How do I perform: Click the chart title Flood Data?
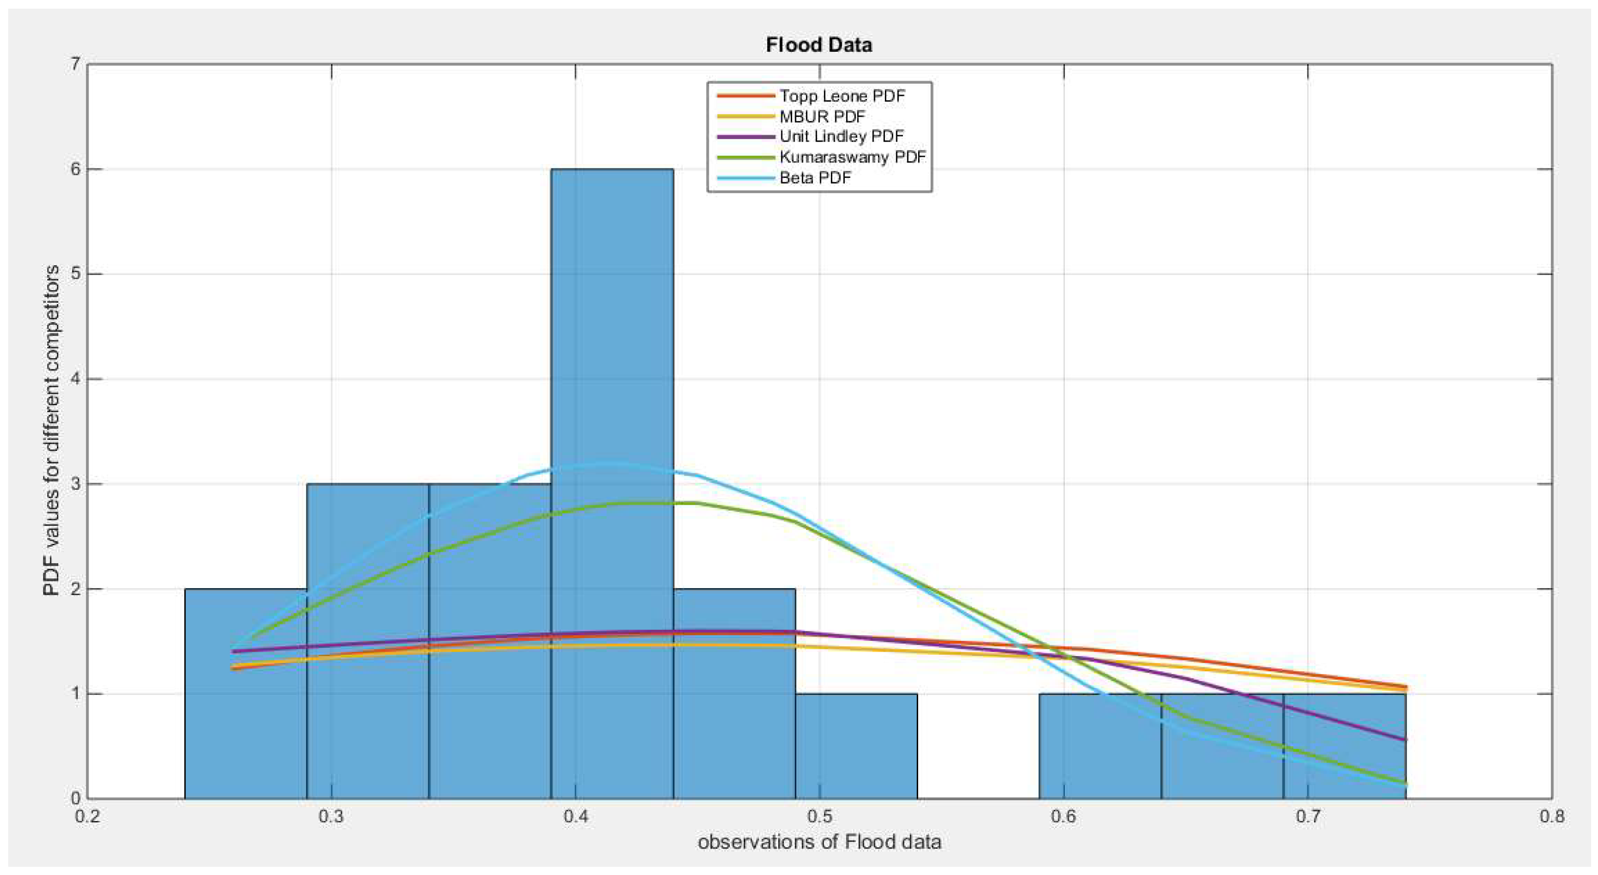(819, 44)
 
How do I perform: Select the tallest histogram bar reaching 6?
(612, 484)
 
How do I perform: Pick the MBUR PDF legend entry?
(822, 116)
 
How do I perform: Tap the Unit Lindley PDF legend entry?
(841, 136)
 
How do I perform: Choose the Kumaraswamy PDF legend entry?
(852, 157)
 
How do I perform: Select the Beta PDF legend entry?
(815, 178)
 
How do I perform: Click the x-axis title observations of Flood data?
(819, 842)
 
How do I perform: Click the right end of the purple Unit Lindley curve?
(1405, 739)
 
